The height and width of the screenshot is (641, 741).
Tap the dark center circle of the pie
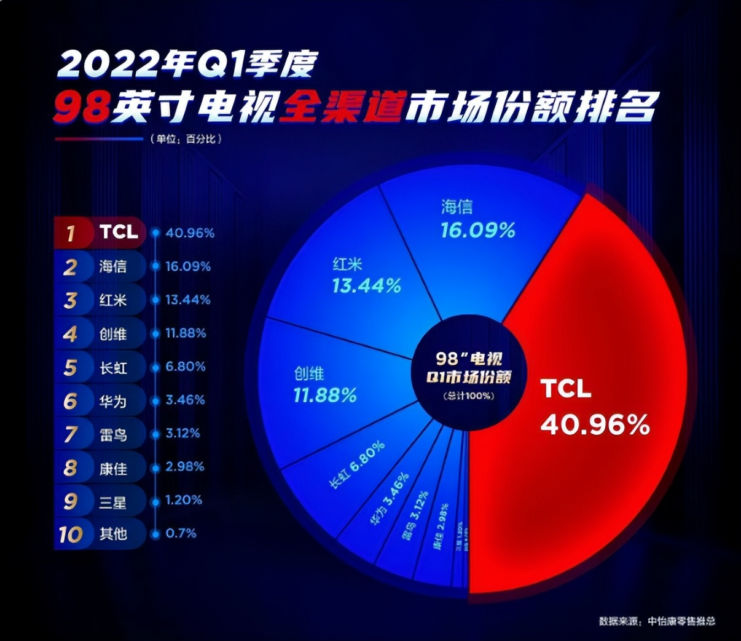(x=469, y=375)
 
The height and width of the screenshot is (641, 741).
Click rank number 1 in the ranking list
(x=71, y=233)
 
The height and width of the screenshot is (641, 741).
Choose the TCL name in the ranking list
(x=119, y=232)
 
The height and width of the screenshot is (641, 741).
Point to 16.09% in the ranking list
(x=188, y=266)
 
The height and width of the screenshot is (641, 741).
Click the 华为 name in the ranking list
(x=113, y=401)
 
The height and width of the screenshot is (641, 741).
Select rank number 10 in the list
(x=71, y=534)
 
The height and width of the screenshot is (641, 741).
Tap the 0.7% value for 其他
(x=181, y=533)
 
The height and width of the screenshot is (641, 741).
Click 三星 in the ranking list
(x=113, y=501)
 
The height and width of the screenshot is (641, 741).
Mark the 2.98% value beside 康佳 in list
(x=184, y=467)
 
